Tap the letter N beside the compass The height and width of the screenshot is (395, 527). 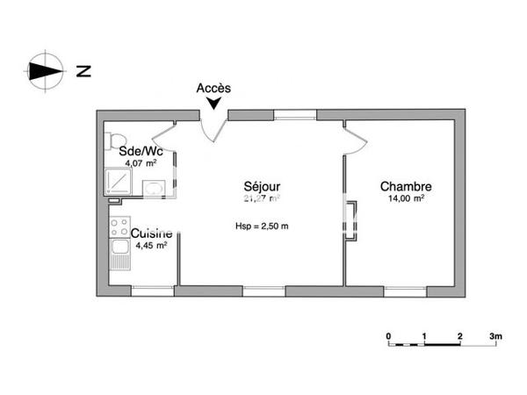(83, 72)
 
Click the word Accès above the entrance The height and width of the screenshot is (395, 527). (213, 88)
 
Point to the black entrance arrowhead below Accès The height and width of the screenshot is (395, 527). (213, 105)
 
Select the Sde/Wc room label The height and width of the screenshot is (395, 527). (139, 150)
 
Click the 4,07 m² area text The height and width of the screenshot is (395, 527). (141, 162)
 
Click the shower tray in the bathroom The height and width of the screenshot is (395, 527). (118, 180)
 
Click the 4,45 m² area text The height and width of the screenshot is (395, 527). (150, 246)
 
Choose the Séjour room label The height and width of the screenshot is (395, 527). (262, 187)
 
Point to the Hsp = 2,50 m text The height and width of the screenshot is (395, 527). (262, 226)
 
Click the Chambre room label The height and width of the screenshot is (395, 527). (405, 187)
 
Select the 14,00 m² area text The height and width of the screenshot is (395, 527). (405, 199)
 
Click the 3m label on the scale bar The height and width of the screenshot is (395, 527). (496, 336)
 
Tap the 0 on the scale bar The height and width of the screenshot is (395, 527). (388, 336)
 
